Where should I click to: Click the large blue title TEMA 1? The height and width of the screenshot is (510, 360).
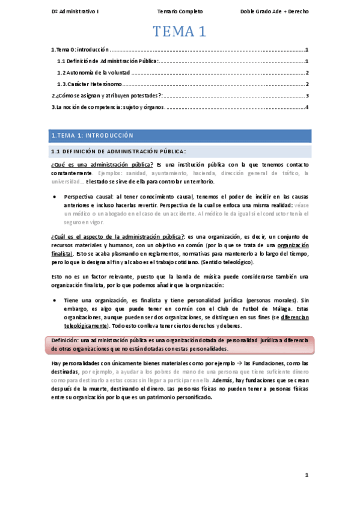point(179,32)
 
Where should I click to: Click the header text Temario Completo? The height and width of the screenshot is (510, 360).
point(180,11)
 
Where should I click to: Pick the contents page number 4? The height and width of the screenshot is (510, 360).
point(307,107)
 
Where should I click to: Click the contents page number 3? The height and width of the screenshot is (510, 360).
point(307,96)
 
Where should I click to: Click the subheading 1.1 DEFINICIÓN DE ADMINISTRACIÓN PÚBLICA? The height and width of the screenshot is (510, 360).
point(118,151)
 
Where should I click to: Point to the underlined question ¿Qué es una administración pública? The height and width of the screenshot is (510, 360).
point(102,164)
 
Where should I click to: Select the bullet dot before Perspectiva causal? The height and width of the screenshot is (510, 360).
point(55,197)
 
